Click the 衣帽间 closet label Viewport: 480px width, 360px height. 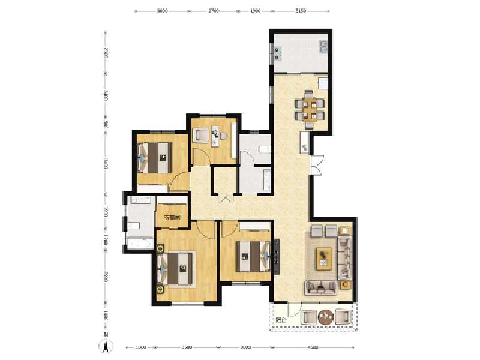tap(172, 218)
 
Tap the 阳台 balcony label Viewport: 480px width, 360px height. tap(281, 320)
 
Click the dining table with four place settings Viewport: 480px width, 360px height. tap(310, 107)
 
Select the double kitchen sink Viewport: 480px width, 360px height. tap(323, 47)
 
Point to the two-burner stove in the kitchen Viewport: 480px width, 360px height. tap(278, 53)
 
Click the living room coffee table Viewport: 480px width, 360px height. tap(324, 257)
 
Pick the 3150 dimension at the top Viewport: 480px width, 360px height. tap(301, 11)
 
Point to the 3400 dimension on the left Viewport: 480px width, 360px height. tap(105, 163)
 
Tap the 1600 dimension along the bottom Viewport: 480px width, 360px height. tap(141, 347)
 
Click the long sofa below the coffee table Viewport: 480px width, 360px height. tap(322, 287)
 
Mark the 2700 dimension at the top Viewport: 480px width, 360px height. tap(213, 11)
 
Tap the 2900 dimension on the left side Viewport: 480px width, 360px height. tap(105, 277)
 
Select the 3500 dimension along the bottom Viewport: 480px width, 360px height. tap(187, 347)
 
